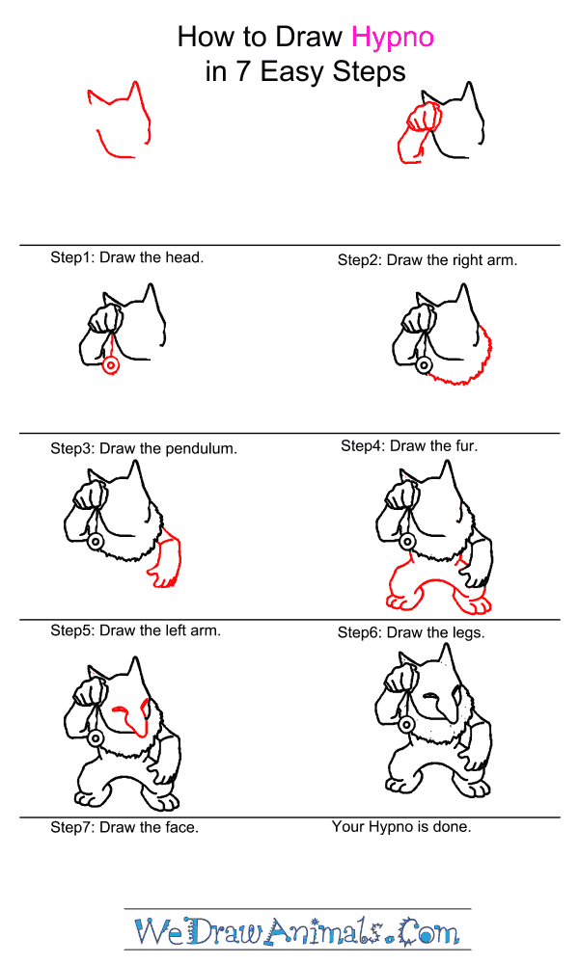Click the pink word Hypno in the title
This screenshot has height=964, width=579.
[393, 38]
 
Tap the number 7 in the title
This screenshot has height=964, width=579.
[243, 71]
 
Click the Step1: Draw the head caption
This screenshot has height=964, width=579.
[126, 257]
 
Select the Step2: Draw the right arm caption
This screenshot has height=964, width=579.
[427, 260]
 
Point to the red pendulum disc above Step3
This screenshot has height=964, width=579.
[111, 365]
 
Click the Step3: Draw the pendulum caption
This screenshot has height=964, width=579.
[144, 449]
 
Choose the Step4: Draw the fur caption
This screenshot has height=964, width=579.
[409, 445]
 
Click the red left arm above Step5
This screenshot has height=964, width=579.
[167, 556]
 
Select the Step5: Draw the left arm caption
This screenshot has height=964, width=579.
[135, 630]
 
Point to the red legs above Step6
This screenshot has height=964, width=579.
[437, 580]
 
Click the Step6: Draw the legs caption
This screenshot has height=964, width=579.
[411, 632]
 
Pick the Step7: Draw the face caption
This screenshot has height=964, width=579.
[124, 827]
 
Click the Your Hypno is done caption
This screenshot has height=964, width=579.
[401, 827]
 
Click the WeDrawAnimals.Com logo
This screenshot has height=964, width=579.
[297, 931]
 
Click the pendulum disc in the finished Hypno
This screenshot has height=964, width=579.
[405, 725]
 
